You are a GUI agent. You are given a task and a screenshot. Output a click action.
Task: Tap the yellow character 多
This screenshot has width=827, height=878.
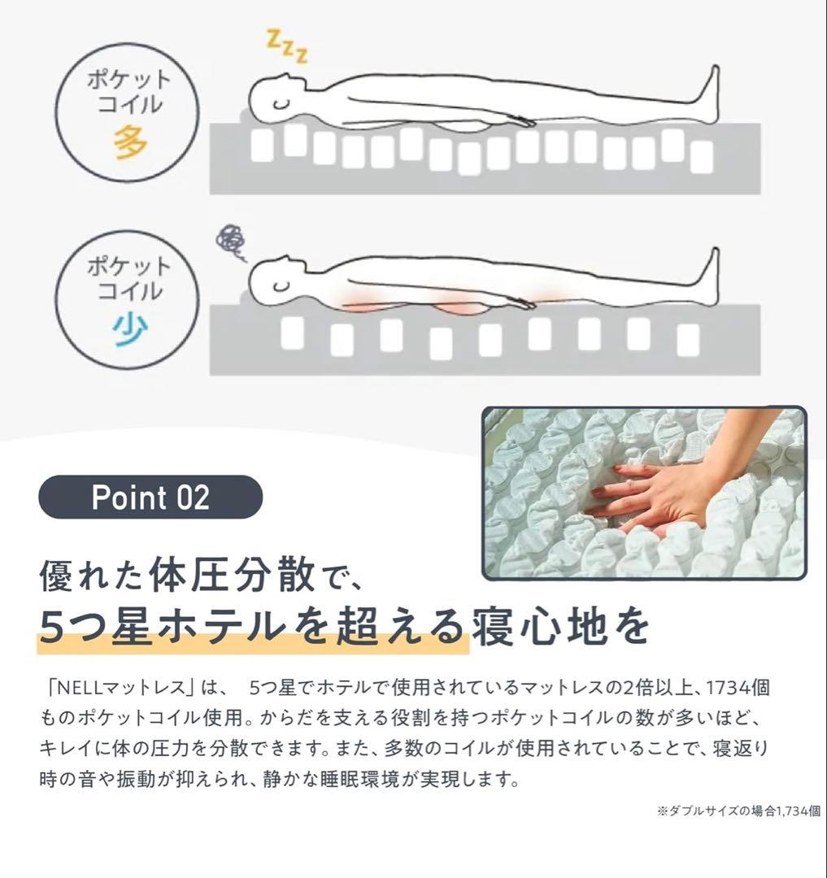[x=129, y=142]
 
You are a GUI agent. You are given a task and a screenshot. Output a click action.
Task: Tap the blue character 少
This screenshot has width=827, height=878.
[x=129, y=330]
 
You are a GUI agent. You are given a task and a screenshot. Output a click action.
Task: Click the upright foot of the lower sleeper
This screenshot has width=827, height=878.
[x=709, y=276]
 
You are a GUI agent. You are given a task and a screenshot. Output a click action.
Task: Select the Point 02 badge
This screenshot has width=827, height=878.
[x=150, y=497]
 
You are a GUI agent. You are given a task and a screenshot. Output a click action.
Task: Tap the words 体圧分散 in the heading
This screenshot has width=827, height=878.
[x=232, y=575]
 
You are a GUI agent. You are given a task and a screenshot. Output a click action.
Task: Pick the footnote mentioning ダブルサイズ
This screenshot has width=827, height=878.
[x=738, y=811]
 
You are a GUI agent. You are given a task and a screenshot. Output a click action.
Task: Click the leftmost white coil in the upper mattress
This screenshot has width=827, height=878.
[x=262, y=146]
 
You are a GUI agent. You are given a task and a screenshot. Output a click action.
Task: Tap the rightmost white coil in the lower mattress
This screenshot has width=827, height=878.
[x=688, y=340]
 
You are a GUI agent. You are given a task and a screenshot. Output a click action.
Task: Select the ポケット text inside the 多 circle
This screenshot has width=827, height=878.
[x=129, y=80]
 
